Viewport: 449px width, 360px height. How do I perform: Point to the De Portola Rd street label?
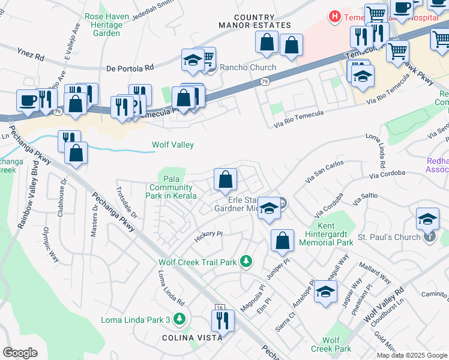click(x=130, y=68)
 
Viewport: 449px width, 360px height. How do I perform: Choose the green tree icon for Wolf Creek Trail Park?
click(x=246, y=261)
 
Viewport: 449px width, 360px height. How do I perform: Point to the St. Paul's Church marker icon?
click(x=430, y=237)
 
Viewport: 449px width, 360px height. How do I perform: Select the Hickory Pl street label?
click(x=208, y=236)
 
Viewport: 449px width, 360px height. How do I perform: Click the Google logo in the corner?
click(x=20, y=352)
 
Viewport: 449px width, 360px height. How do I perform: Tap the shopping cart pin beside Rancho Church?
click(x=205, y=58)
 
